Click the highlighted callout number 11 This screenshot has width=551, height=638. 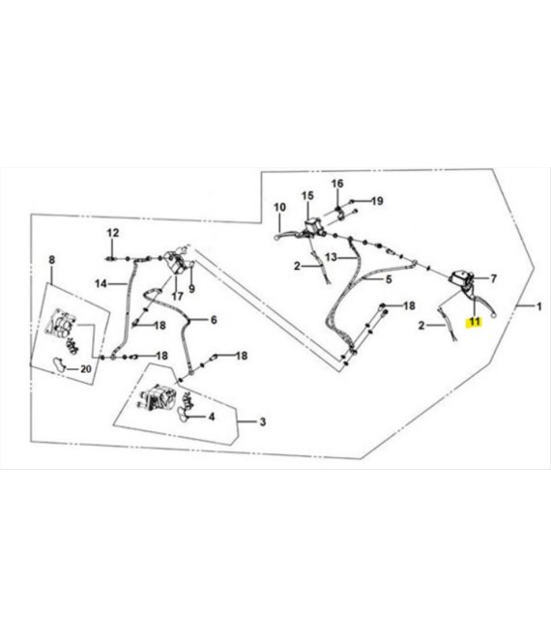pyautogui.click(x=475, y=322)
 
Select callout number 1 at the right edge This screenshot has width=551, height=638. pyautogui.click(x=538, y=306)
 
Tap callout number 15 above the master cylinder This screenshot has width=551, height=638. pyautogui.click(x=307, y=195)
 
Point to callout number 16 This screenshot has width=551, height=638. pyautogui.click(x=337, y=184)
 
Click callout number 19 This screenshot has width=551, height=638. pyautogui.click(x=377, y=201)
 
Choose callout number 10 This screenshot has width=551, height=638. pyautogui.click(x=279, y=207)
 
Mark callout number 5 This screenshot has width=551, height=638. pyautogui.click(x=389, y=279)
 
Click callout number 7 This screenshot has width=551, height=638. pyautogui.click(x=493, y=278)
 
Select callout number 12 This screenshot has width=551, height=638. pyautogui.click(x=113, y=233)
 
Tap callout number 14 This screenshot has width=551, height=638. pyautogui.click(x=101, y=283)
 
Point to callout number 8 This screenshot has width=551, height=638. pyautogui.click(x=51, y=260)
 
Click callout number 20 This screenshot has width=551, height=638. pyautogui.click(x=85, y=369)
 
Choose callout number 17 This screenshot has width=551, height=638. pyautogui.click(x=177, y=296)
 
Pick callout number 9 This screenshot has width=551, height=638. pyautogui.click(x=191, y=289)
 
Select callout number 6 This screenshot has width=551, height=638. pyautogui.click(x=214, y=320)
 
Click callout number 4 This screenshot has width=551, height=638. pyautogui.click(x=211, y=417)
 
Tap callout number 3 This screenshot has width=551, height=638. pyautogui.click(x=263, y=421)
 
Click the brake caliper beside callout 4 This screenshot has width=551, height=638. pyautogui.click(x=158, y=400)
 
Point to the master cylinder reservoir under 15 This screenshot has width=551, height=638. pyautogui.click(x=312, y=226)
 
